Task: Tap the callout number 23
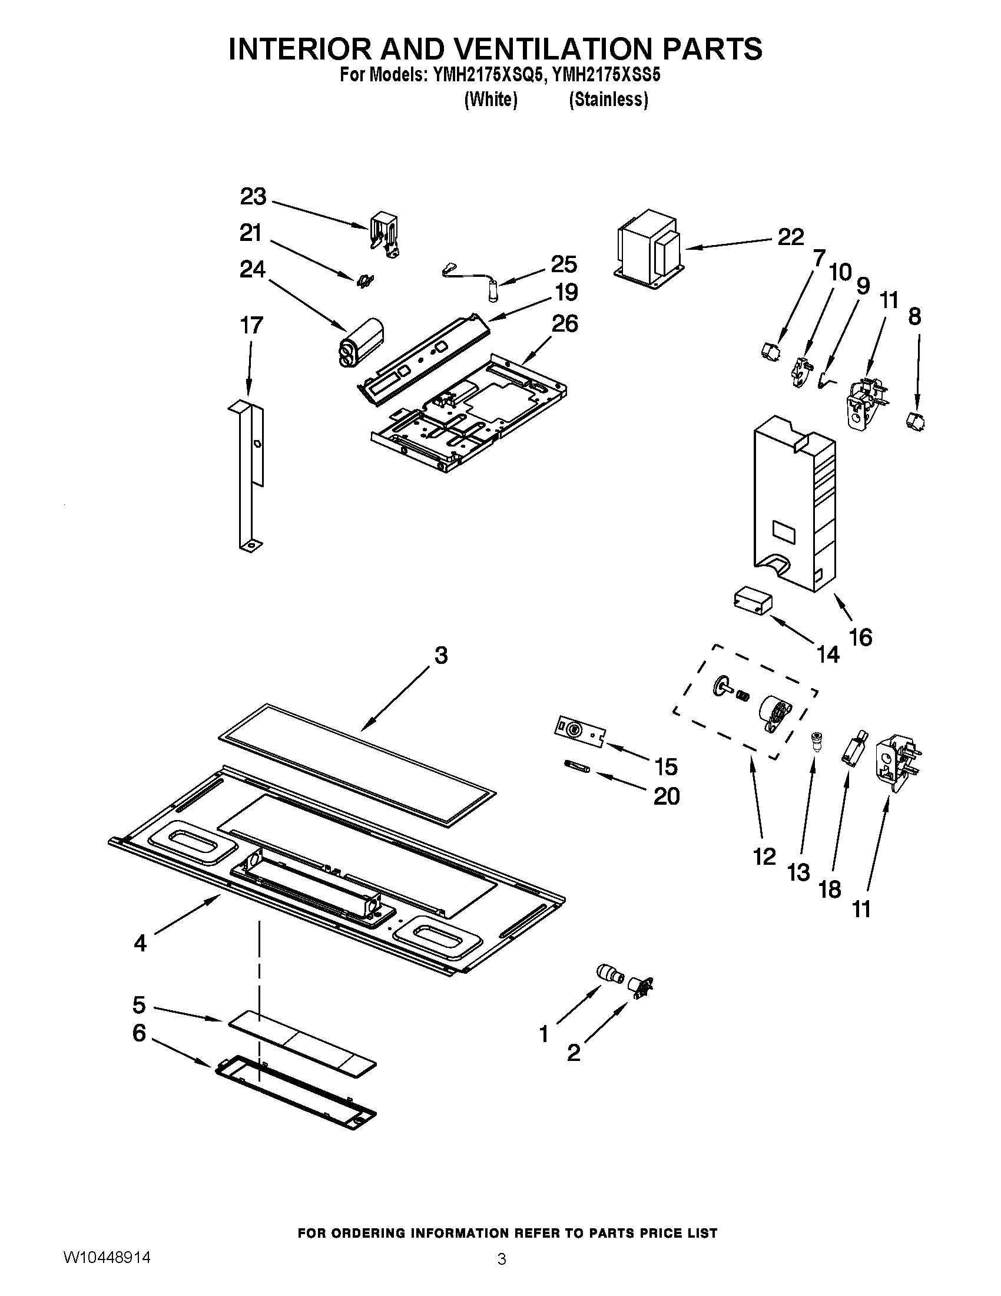(253, 197)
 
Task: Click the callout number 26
(565, 324)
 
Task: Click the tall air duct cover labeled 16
(794, 504)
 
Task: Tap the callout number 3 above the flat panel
(440, 656)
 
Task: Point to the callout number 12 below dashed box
(764, 857)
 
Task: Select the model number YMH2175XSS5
(606, 76)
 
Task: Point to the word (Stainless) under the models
(608, 100)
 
